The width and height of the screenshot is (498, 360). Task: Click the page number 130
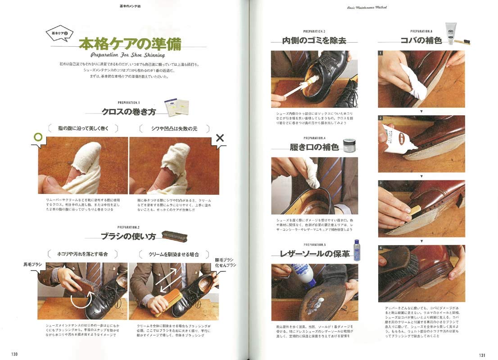pos(14,354)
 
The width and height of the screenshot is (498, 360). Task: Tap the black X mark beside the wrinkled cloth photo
pos(220,138)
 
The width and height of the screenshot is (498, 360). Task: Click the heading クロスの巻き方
pos(129,112)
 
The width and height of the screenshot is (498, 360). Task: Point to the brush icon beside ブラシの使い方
pos(174,236)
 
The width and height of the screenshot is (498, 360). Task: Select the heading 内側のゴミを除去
pos(314,40)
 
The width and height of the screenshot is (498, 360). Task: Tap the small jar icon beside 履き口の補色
pos(349,145)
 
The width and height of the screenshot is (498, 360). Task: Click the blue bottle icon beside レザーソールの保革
pos(357,250)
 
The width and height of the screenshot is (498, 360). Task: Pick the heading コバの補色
pos(421,40)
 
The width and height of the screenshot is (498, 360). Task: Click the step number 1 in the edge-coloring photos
pos(381,53)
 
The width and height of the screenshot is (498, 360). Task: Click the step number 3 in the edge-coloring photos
pos(381,183)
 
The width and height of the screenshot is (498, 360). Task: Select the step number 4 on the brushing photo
pos(381,248)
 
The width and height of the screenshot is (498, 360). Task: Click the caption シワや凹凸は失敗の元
pos(174,129)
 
